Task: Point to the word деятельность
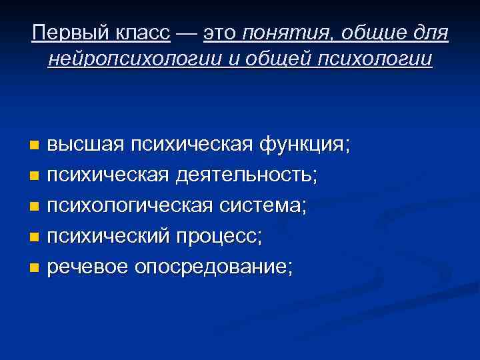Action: pos(247,176)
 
